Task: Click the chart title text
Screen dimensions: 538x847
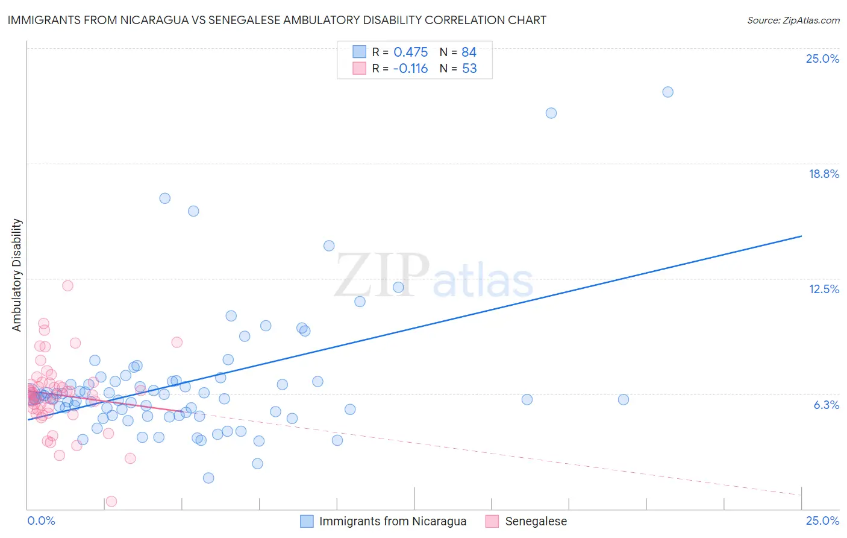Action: pyautogui.click(x=277, y=20)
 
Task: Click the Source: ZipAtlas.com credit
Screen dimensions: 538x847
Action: pyautogui.click(x=793, y=21)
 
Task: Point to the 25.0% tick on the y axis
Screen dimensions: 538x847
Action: pyautogui.click(x=822, y=59)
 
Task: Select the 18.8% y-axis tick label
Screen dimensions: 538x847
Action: pyautogui.click(x=824, y=174)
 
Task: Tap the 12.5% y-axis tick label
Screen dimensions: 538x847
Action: pyautogui.click(x=824, y=289)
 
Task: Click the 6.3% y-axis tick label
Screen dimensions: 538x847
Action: pyautogui.click(x=826, y=405)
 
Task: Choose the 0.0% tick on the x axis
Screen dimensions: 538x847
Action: pyautogui.click(x=41, y=521)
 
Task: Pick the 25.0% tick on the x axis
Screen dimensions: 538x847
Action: pyautogui.click(x=822, y=521)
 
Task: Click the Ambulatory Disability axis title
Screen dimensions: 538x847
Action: pyautogui.click(x=17, y=275)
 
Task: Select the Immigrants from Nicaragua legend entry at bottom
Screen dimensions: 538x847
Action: pyautogui.click(x=392, y=521)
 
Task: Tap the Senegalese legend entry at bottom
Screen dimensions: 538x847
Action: pyautogui.click(x=536, y=521)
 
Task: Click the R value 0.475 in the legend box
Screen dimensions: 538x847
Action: pyautogui.click(x=410, y=52)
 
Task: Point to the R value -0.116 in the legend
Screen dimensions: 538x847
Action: pyautogui.click(x=410, y=69)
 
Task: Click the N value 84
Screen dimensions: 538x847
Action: pyautogui.click(x=469, y=52)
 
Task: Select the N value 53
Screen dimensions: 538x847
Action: pyautogui.click(x=469, y=69)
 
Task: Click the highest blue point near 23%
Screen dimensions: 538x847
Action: pyautogui.click(x=667, y=92)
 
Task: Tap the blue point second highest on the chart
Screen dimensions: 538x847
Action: pyautogui.click(x=551, y=113)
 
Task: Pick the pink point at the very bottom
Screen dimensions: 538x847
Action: pyautogui.click(x=111, y=501)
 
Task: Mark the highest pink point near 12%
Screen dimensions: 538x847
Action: pyautogui.click(x=67, y=286)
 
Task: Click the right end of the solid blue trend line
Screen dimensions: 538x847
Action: pyautogui.click(x=801, y=236)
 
